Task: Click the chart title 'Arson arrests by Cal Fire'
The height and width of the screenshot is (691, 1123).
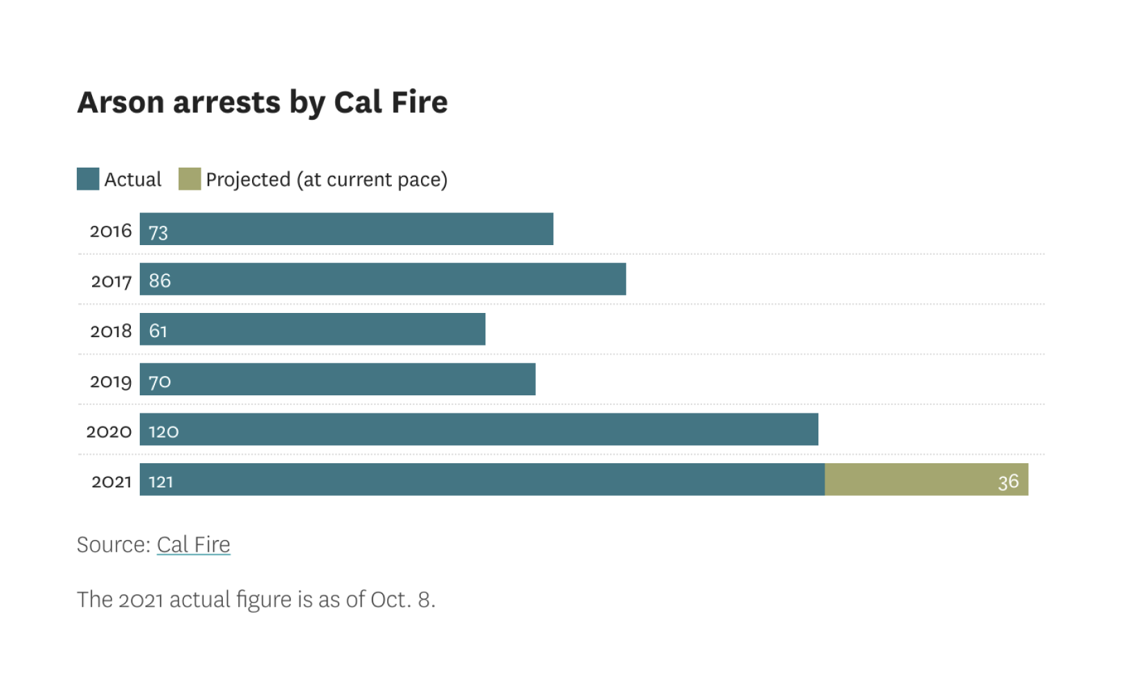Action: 262,102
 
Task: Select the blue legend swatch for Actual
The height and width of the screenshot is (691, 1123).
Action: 88,179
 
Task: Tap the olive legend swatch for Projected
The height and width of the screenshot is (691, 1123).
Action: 189,179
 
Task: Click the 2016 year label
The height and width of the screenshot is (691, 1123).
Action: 110,231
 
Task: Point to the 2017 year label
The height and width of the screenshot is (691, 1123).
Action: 111,281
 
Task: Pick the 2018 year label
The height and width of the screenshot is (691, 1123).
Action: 111,331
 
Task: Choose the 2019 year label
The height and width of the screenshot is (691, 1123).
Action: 110,382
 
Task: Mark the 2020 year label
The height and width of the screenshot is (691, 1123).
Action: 109,431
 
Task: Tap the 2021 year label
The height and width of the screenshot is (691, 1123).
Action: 111,481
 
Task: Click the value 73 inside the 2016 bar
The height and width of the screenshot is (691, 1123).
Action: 158,233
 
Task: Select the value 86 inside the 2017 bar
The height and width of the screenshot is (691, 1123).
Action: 159,280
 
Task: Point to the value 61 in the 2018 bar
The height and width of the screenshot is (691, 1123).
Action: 158,331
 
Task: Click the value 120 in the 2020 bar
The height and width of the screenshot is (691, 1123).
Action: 163,431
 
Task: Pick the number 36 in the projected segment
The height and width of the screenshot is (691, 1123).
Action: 1008,481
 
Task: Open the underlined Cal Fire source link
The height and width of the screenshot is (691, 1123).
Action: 193,544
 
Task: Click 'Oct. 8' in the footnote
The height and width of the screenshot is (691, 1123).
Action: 402,599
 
